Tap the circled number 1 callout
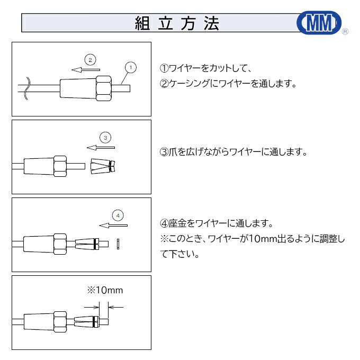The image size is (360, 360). click(131, 67)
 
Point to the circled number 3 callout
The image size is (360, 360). click(105, 137)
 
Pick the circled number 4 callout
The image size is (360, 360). click(118, 215)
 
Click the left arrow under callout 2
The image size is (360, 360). click(86, 68)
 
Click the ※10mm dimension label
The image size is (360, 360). click(105, 290)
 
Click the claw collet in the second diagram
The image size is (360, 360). click(102, 166)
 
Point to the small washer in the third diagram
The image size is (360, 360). click(119, 244)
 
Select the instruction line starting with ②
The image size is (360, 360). click(228, 84)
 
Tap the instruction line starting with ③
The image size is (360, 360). click(233, 151)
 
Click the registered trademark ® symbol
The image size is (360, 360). click(345, 32)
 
